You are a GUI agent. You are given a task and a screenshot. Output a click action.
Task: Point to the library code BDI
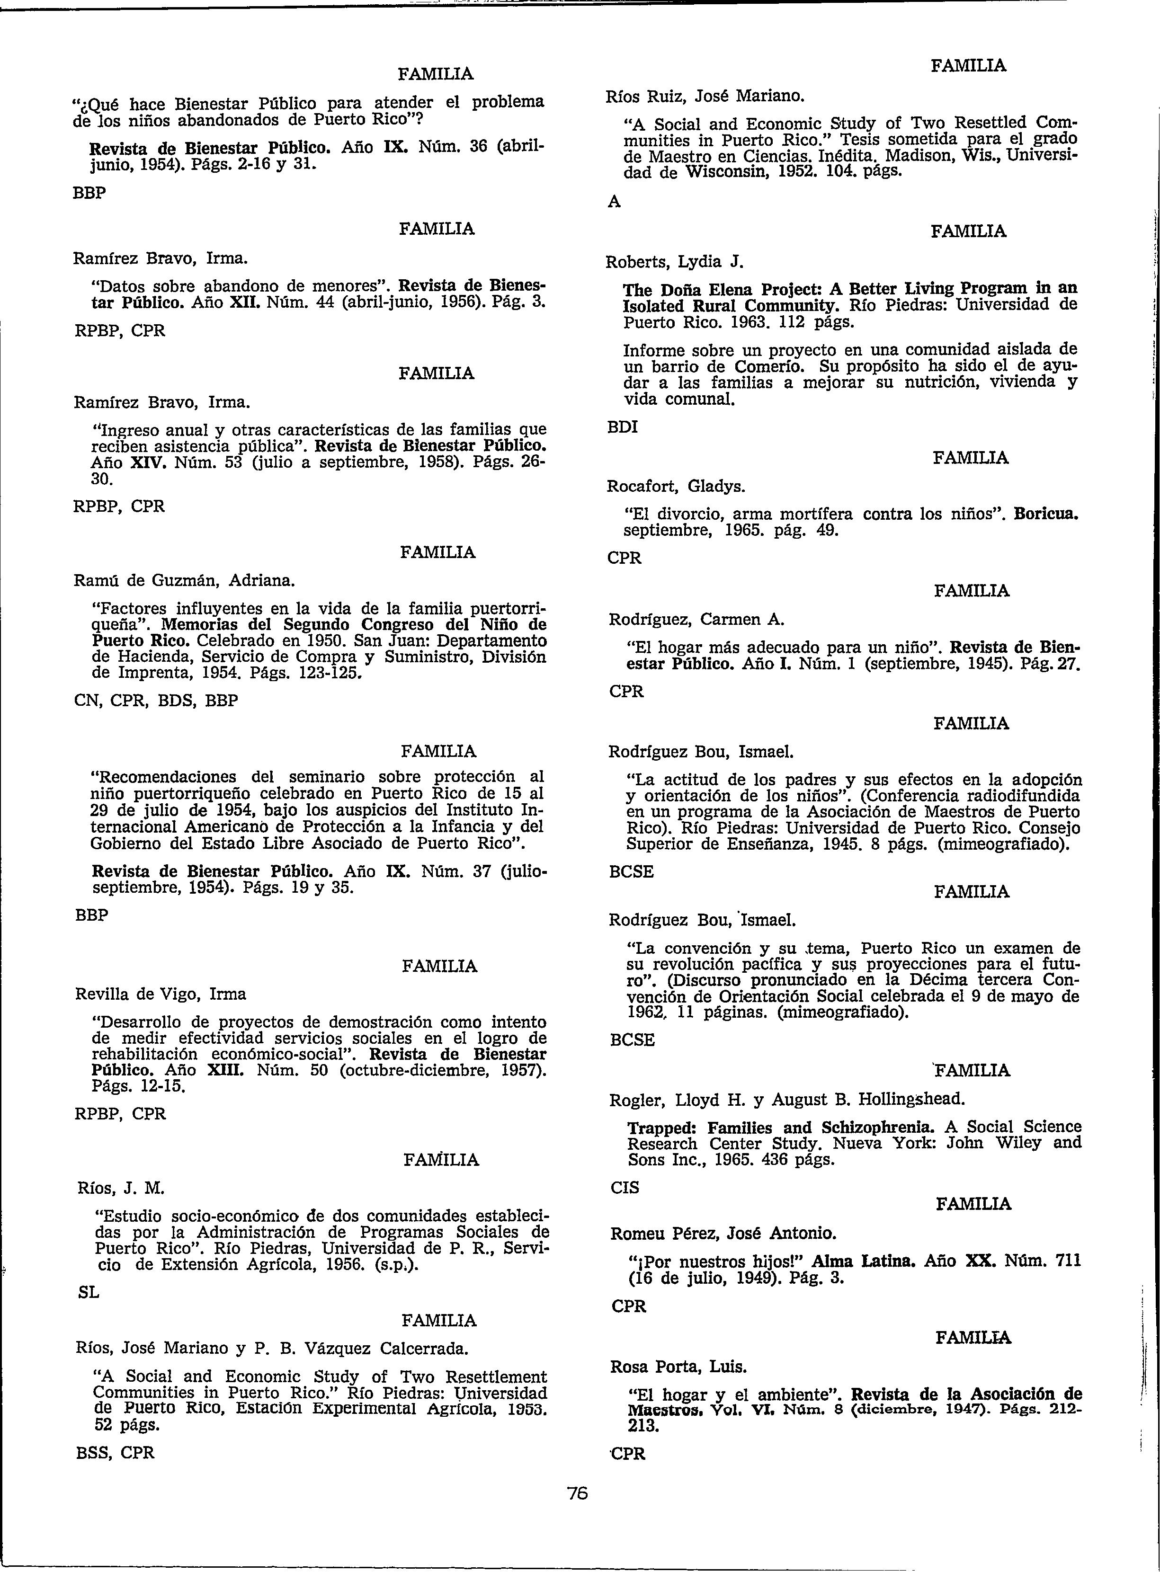623,427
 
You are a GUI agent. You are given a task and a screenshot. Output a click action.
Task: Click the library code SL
89,1293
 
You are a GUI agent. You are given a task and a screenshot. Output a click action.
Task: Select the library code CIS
625,1187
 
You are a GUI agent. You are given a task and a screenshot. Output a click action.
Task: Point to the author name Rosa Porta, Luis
678,1367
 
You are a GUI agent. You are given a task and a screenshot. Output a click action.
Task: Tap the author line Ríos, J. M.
120,1188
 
